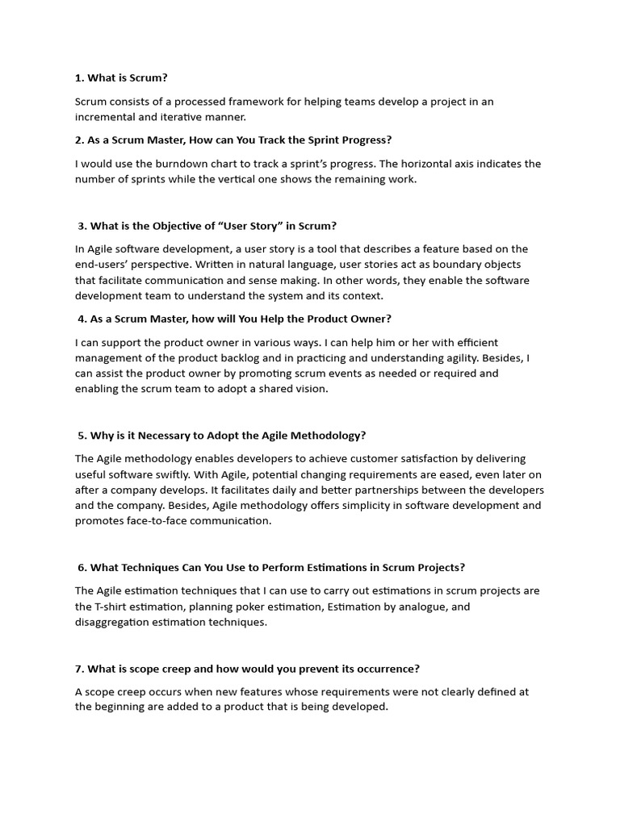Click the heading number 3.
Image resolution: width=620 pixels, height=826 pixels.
coord(82,226)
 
